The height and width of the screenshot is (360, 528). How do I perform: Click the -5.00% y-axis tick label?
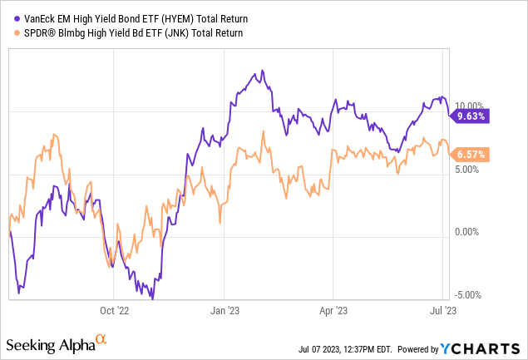coord(470,294)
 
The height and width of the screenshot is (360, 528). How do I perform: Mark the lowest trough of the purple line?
coord(153,298)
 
